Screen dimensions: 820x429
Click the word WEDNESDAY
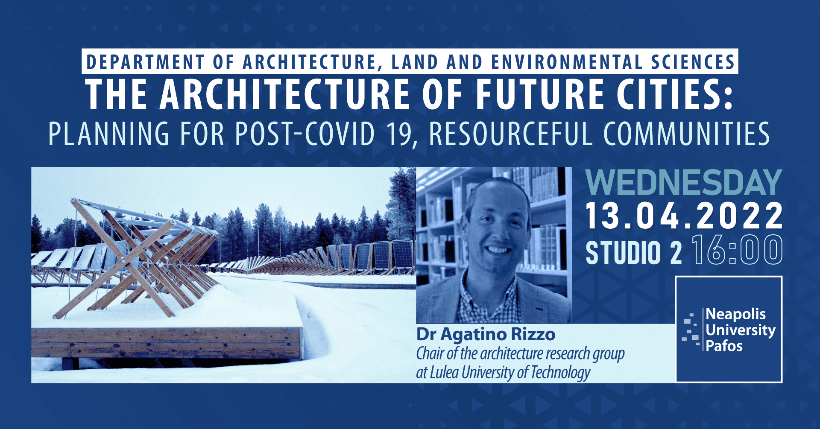(x=684, y=183)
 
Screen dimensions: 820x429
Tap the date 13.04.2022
(x=684, y=216)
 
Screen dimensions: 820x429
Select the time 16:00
(x=738, y=251)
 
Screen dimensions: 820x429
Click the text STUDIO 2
(x=633, y=253)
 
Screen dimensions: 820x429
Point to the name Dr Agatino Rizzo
(x=486, y=334)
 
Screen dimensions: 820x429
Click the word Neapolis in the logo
(x=736, y=314)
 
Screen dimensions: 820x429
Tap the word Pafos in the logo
(x=724, y=346)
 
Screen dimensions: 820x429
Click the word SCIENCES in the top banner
(x=692, y=62)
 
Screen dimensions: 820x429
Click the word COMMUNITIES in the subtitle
(x=686, y=134)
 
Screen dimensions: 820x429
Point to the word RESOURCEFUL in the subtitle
(x=510, y=134)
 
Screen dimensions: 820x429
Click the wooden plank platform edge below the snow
(x=167, y=343)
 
